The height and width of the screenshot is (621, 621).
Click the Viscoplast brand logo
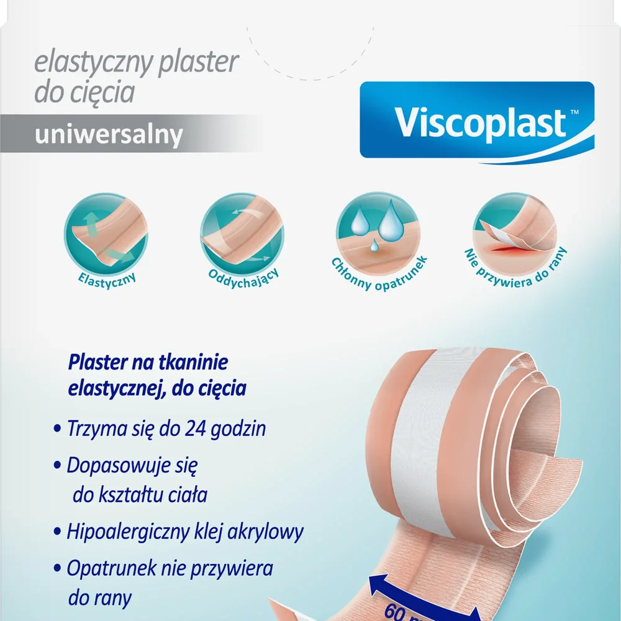tap(477, 122)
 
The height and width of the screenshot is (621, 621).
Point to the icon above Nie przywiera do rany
tap(514, 235)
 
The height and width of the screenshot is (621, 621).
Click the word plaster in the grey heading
tap(198, 63)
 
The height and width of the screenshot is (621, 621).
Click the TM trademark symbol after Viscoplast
tap(574, 112)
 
